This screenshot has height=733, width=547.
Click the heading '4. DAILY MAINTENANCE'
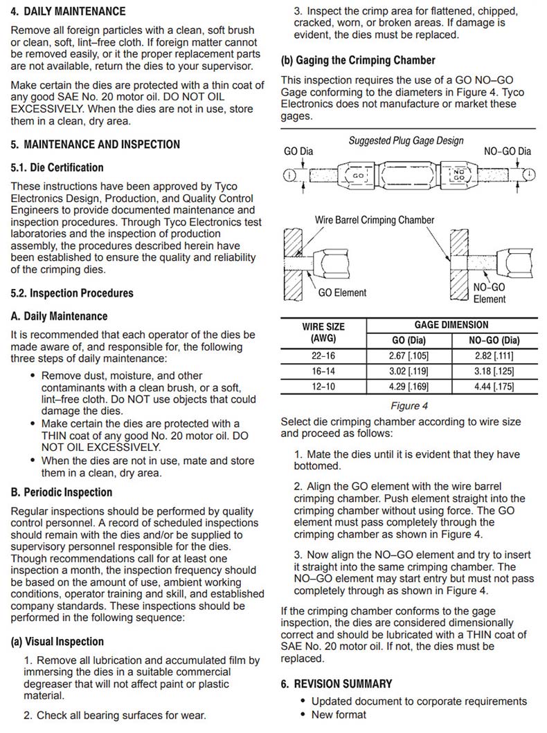pyautogui.click(x=68, y=12)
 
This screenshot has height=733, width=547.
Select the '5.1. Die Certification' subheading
pyautogui.click(x=57, y=167)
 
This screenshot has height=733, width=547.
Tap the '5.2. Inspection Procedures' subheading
pyautogui.click(x=71, y=293)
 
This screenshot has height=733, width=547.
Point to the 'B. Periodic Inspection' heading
pyautogui.click(x=61, y=492)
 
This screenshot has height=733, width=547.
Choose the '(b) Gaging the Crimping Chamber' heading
pyautogui.click(x=358, y=60)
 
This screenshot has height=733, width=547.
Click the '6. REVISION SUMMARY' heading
pyautogui.click(x=336, y=684)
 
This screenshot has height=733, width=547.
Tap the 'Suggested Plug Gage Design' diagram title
pyautogui.click(x=406, y=140)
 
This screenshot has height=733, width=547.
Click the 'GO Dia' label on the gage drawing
pyautogui.click(x=298, y=151)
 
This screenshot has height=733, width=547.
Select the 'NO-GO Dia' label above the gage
pyautogui.click(x=508, y=151)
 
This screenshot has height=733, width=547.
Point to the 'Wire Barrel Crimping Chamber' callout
pyautogui.click(x=375, y=220)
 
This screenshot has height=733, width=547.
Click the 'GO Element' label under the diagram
pyautogui.click(x=342, y=293)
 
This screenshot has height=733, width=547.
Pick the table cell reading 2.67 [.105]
pyautogui.click(x=407, y=356)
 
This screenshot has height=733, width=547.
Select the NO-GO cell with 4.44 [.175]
pyautogui.click(x=494, y=387)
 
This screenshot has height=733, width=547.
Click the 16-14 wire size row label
pyautogui.click(x=323, y=371)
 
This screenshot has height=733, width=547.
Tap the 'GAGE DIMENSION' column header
pyautogui.click(x=451, y=325)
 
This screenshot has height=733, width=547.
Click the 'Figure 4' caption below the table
pyautogui.click(x=409, y=406)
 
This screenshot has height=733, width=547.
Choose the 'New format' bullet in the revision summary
pyautogui.click(x=339, y=714)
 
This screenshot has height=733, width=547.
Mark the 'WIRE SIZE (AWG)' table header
pyautogui.click(x=323, y=333)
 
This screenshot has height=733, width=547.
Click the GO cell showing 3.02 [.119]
pyautogui.click(x=407, y=371)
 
